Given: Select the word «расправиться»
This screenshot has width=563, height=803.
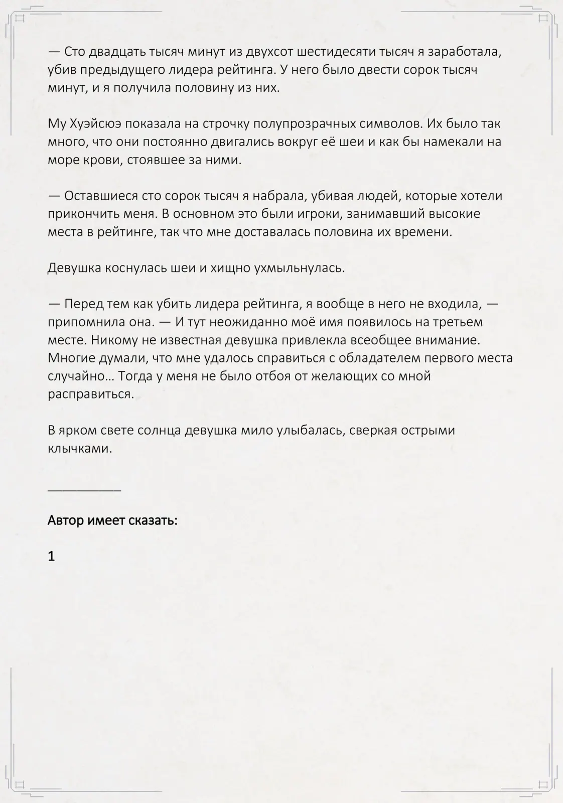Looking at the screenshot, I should [x=91, y=394].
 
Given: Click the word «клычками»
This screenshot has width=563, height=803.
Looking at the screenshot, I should [x=80, y=448].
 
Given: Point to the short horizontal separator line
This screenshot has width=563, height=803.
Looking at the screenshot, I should [x=84, y=489].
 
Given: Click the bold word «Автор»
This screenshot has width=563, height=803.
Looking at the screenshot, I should [x=66, y=520].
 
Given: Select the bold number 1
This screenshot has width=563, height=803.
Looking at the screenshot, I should [x=51, y=557].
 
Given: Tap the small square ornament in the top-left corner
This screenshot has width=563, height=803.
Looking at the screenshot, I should [x=20, y=19].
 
